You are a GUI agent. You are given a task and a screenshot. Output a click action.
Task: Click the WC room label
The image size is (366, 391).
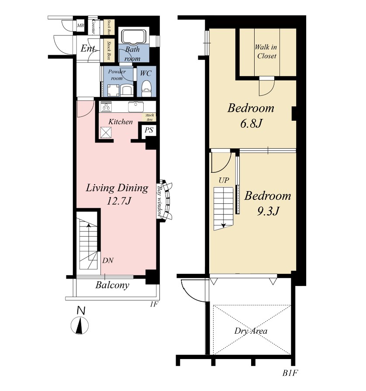(145, 73)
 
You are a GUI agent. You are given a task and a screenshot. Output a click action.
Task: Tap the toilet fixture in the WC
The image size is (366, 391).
(146, 88)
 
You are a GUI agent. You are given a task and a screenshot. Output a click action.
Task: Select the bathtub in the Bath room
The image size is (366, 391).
(134, 37)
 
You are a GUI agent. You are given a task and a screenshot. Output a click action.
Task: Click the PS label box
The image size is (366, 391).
(149, 130)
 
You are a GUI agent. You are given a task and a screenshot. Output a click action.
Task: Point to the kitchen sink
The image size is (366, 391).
(136, 107)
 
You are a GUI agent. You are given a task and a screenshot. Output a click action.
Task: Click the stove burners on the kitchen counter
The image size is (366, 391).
(106, 107)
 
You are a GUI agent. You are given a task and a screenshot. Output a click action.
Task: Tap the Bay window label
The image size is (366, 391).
(159, 201)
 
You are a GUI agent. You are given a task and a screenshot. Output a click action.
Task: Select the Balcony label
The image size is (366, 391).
(112, 285)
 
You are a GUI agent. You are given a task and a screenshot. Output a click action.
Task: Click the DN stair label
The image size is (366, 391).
(108, 260)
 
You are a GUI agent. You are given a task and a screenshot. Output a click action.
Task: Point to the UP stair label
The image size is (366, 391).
(224, 180)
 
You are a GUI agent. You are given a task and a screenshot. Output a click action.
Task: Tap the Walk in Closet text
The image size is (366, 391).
(266, 51)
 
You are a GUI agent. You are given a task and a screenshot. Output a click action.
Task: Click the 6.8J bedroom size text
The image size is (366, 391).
(251, 123)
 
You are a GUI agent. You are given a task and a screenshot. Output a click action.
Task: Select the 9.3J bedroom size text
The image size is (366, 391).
(268, 211)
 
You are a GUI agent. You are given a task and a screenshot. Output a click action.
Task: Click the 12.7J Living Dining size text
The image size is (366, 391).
(119, 201)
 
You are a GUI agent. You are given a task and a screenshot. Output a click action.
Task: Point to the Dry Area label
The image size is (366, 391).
(251, 331)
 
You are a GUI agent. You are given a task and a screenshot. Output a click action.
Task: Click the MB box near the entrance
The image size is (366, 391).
(80, 25)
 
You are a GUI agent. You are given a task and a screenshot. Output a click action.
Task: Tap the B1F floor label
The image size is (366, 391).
(290, 373)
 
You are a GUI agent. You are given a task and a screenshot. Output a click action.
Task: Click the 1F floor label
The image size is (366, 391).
(154, 304)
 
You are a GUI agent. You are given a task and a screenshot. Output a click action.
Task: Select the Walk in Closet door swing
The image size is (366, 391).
(267, 86)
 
